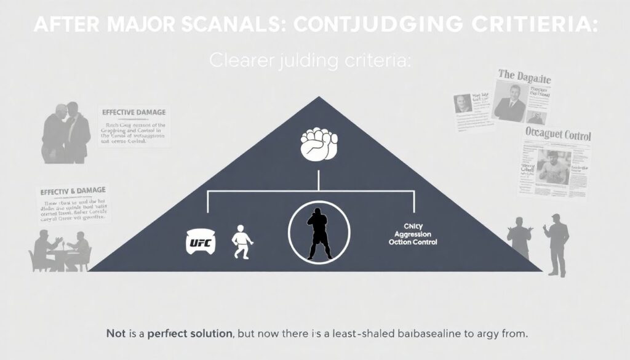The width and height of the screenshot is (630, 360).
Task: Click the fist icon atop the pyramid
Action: tap(317, 145)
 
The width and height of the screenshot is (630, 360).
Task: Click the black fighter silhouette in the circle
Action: tap(318, 233)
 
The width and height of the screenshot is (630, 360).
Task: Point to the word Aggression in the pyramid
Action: tap(413, 235)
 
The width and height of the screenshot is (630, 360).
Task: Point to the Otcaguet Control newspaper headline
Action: tap(558, 134)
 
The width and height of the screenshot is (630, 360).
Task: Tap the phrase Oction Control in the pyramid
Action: tap(413, 242)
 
